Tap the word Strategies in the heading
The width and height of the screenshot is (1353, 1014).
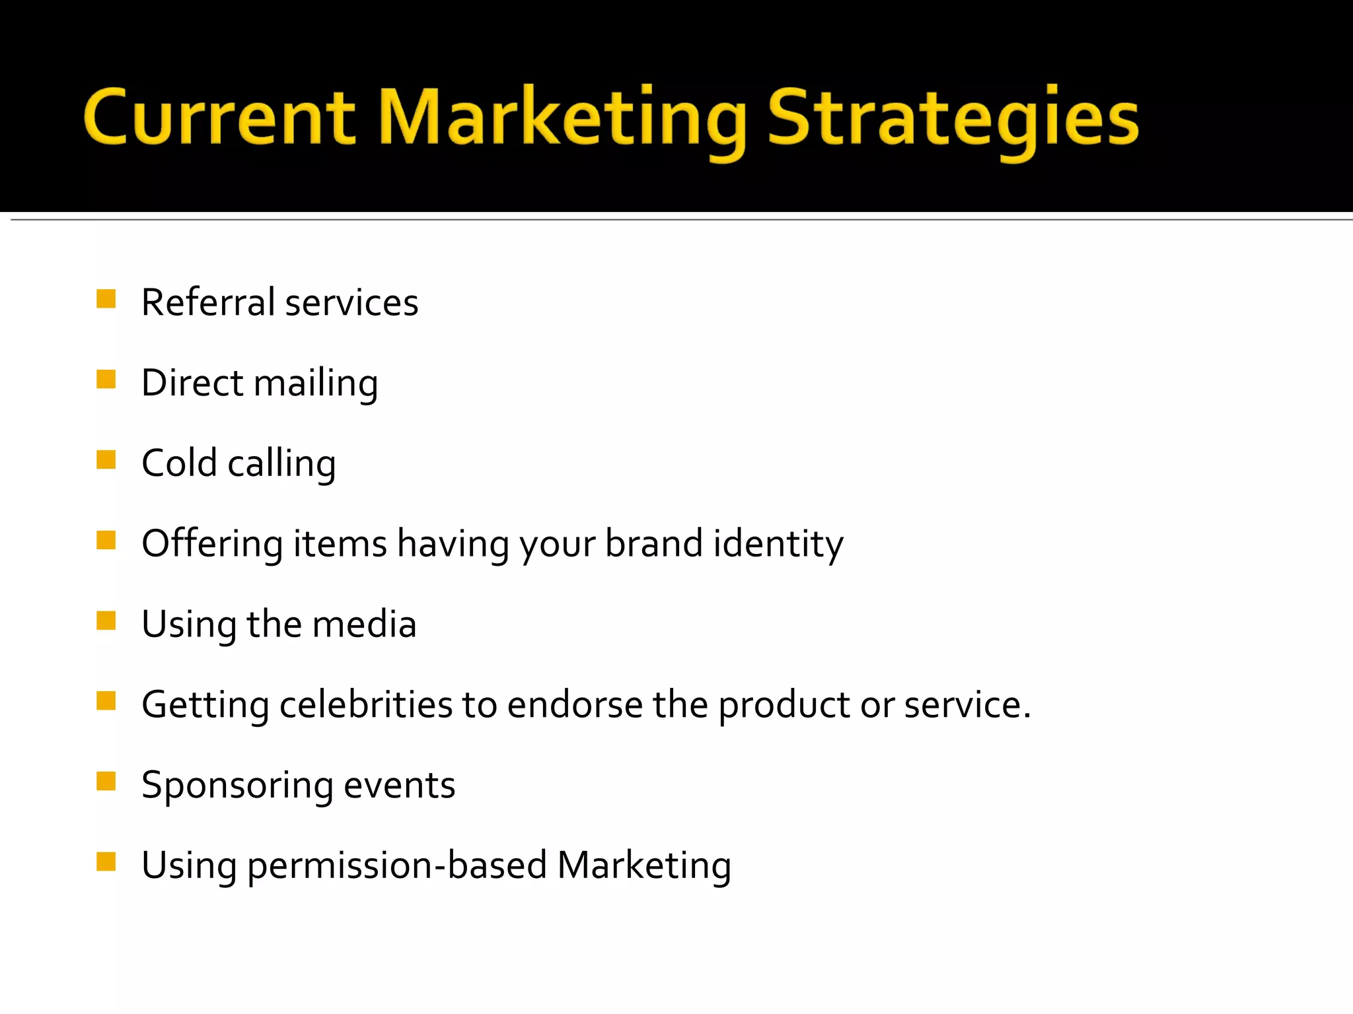click(953, 119)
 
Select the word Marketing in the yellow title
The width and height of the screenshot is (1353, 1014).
click(562, 119)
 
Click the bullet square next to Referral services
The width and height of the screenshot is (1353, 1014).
click(106, 299)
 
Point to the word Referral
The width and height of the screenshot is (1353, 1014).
click(208, 302)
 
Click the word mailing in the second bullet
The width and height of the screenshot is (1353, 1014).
click(316, 384)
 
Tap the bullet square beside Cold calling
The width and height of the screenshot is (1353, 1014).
click(106, 459)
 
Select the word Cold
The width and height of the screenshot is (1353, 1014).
click(179, 463)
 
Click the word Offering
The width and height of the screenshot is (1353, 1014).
click(212, 544)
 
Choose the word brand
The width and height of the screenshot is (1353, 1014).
click(653, 543)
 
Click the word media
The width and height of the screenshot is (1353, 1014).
click(364, 624)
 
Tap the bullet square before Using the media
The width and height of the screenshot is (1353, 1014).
click(106, 621)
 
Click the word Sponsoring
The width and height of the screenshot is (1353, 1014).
click(237, 786)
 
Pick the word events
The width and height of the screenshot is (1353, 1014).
click(399, 786)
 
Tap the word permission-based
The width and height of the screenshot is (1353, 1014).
click(397, 865)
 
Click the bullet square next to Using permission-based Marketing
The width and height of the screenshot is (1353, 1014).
click(106, 862)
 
